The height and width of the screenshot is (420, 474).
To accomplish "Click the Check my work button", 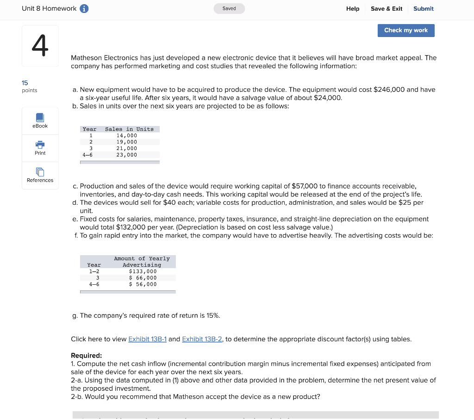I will tap(406, 31).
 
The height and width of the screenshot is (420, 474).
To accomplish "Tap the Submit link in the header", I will tap(423, 9).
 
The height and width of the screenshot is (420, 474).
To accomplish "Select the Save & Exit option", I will tap(386, 9).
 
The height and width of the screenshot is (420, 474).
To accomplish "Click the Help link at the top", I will tap(352, 9).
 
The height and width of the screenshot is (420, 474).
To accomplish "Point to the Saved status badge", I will tap(229, 8).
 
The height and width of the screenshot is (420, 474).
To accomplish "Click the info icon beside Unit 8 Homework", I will tap(84, 9).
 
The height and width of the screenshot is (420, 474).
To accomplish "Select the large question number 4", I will tap(40, 46).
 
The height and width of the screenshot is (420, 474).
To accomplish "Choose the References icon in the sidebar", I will tap(40, 172).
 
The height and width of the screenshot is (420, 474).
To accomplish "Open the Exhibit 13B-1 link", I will tap(147, 339).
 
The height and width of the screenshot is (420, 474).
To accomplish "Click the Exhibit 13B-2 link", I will tap(202, 339).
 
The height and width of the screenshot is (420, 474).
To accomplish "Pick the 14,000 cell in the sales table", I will tap(126, 136).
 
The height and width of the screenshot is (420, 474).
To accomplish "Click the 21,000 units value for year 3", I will tap(126, 148).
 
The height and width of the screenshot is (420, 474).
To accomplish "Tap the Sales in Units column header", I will tap(129, 129).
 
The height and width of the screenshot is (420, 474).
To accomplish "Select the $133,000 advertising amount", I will tap(143, 271).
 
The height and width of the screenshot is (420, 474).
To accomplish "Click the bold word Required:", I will tap(87, 356).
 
